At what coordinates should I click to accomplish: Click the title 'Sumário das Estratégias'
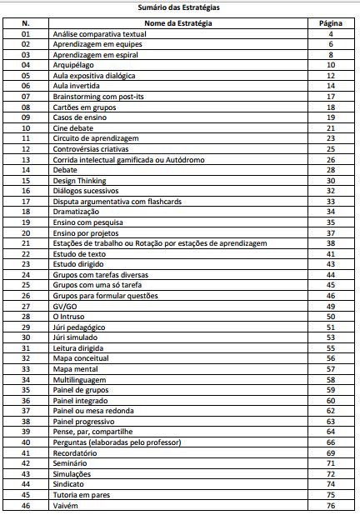click(180, 7)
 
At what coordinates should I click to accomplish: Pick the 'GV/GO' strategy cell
click(64, 306)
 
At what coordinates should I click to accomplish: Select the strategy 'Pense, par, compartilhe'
click(91, 432)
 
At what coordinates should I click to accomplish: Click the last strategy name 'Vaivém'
click(65, 506)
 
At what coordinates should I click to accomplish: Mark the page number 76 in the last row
click(331, 506)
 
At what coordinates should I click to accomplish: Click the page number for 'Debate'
click(331, 169)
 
